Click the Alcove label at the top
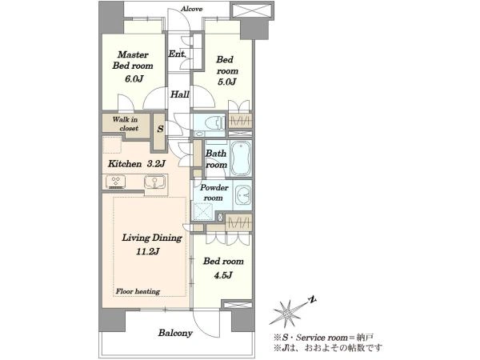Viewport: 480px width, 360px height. tap(192, 9)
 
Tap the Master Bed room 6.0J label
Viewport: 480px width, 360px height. tap(133, 66)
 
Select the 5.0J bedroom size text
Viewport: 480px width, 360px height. tap(227, 82)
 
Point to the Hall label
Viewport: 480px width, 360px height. tap(180, 94)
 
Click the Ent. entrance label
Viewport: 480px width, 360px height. tap(177, 54)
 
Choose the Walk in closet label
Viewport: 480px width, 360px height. tap(126, 124)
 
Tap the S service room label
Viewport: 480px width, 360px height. tap(160, 129)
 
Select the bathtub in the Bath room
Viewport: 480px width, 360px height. tap(241, 158)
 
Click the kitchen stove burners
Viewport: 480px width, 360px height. tap(115, 182)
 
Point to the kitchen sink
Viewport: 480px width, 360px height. tap(155, 182)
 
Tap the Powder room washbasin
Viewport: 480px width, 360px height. tap(243, 194)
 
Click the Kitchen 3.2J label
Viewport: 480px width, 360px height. tap(137, 164)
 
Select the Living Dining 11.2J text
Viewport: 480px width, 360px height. tap(152, 244)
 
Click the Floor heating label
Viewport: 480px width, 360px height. tap(138, 291)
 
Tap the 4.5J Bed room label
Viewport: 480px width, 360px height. tap(223, 268)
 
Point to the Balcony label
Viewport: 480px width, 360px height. tap(175, 333)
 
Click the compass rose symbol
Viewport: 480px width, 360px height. tap(288, 312)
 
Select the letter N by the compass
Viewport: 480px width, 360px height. tap(312, 300)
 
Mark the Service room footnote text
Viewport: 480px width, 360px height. tap(323, 338)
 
